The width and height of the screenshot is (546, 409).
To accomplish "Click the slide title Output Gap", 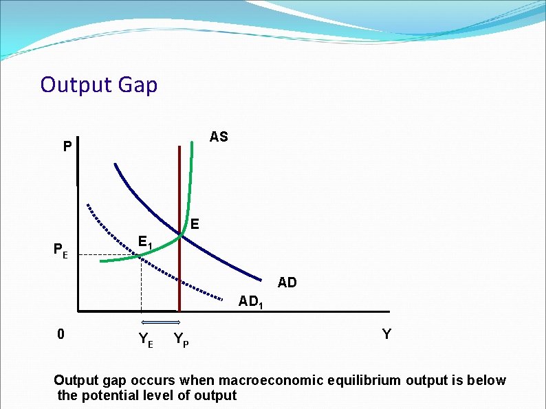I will point(99,85).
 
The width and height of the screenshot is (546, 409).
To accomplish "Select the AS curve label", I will point(219,137).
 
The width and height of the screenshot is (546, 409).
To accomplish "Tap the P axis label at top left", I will point(66,147).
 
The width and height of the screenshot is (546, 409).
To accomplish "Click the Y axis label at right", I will point(386,334).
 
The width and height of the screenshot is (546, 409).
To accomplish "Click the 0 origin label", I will point(61,335).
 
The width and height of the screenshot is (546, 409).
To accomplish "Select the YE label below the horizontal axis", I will point(146,338).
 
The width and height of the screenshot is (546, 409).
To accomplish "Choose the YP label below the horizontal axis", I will point(182,338).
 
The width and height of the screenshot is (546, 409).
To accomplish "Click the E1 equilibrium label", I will point(145,243).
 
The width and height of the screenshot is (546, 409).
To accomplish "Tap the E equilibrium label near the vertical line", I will point(195,224).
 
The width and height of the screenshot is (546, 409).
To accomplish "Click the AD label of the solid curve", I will point(287,283).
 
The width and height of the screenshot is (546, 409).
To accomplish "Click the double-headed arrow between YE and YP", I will point(160,322).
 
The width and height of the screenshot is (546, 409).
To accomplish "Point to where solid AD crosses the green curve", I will point(180,236).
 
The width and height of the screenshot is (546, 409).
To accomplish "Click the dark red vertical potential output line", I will point(179,289).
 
